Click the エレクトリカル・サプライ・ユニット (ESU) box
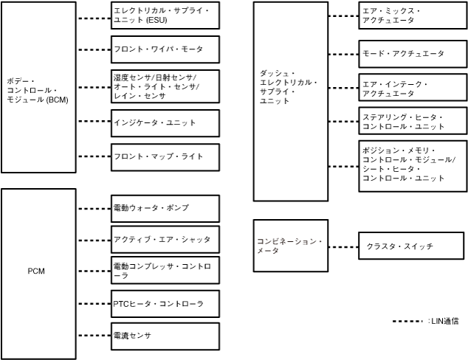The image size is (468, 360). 165,15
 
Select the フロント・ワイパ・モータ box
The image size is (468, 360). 165,49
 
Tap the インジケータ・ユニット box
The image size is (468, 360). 165,122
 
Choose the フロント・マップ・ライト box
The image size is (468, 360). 165,156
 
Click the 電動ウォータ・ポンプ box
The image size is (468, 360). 165,209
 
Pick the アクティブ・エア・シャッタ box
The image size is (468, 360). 165,240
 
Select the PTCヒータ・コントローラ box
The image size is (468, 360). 165,304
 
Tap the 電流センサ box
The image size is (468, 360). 165,336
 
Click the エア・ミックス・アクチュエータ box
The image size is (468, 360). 412,16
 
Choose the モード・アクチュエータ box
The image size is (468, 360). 412,54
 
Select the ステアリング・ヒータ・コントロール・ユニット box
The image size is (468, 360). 412,122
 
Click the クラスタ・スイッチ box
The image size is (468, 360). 412,246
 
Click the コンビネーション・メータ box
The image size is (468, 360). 289,246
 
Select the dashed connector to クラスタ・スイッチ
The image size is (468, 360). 341,246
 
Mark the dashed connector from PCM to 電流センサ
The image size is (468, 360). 93,336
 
